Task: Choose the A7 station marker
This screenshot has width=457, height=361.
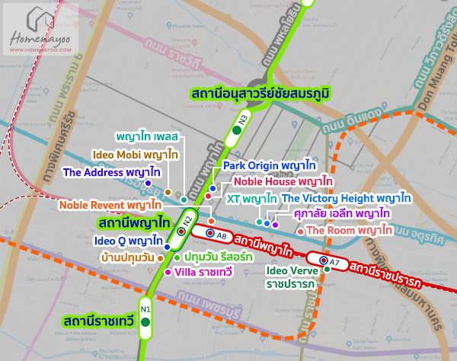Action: [x=328, y=262]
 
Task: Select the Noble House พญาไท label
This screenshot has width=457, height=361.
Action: [x=283, y=181]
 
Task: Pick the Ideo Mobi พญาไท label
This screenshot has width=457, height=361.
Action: [x=136, y=154]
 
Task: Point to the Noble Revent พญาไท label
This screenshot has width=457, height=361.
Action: [x=110, y=205]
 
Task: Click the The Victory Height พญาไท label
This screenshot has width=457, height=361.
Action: [x=347, y=198]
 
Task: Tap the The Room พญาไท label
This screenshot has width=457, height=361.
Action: [x=344, y=230]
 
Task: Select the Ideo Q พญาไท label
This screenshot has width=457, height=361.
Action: [x=124, y=241]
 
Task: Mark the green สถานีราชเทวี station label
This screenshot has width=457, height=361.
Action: [x=99, y=319]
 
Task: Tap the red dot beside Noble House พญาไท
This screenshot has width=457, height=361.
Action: [x=208, y=196]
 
